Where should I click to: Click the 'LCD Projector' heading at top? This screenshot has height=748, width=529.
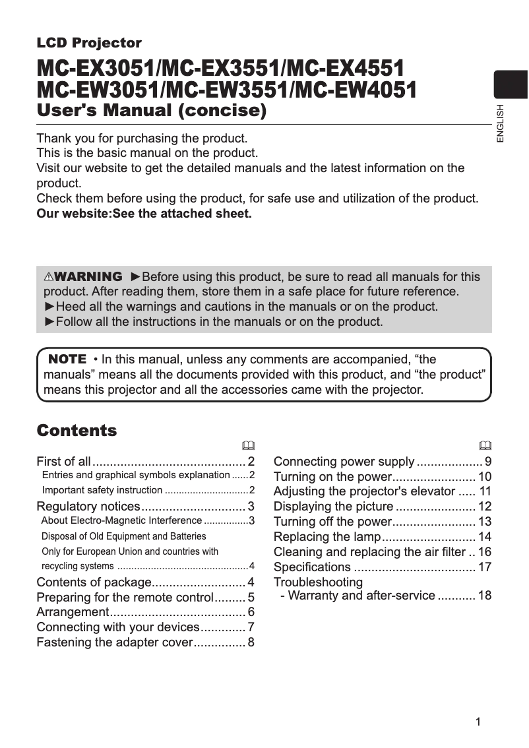coord(89,44)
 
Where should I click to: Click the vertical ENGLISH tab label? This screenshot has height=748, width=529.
coord(500,123)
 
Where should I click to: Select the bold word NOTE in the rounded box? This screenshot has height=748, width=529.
coord(67,359)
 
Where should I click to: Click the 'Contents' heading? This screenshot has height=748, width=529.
coord(77,431)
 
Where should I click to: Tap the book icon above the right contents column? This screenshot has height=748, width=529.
coord(485,445)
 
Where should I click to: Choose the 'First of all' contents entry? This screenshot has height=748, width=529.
coord(64,461)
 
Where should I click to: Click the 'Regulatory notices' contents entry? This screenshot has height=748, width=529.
coord(88,507)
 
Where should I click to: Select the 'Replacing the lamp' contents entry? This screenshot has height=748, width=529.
coord(327,536)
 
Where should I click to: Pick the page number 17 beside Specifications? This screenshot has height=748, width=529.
coord(485,567)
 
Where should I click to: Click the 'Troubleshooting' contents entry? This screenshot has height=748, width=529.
coord(318,582)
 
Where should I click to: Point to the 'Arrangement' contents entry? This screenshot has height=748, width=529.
coord(73,611)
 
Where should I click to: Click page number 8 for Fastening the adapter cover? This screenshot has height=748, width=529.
coord(251,642)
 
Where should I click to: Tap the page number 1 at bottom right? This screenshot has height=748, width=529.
coord(478,721)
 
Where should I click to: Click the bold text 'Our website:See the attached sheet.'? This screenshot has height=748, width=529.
coord(144,214)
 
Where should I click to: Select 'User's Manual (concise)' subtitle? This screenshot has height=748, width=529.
coord(152,110)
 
